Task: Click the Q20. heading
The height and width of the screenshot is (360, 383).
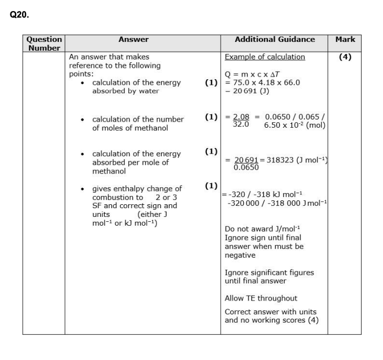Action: (x=19, y=15)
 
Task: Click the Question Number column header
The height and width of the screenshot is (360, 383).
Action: (x=44, y=43)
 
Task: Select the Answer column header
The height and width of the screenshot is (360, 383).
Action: (x=133, y=40)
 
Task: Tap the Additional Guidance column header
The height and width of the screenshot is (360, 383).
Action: (x=275, y=40)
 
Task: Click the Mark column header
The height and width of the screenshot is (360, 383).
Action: (x=345, y=40)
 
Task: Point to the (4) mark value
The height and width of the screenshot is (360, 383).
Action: (x=345, y=57)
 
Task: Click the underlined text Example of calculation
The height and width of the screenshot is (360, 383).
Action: (x=265, y=57)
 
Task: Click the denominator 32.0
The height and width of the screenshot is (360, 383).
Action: (x=241, y=124)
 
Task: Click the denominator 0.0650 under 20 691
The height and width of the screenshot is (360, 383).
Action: (x=246, y=167)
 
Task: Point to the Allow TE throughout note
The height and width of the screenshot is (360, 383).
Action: (x=261, y=298)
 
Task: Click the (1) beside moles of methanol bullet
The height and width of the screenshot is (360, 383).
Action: (x=211, y=117)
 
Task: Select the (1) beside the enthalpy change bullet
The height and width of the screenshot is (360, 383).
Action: (x=211, y=186)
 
